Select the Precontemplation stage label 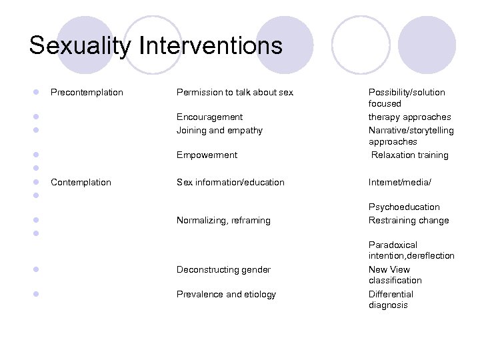click(87, 92)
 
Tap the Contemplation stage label click(81, 182)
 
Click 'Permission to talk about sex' click(235, 92)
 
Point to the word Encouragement click(209, 117)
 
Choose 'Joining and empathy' click(219, 130)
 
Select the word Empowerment click(207, 155)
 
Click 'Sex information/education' click(230, 182)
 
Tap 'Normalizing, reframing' click(223, 220)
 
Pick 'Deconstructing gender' click(223, 269)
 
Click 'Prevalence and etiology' click(226, 294)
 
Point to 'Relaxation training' click(410, 155)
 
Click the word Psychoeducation click(404, 207)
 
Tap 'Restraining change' click(409, 220)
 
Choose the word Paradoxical click(393, 245)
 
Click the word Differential click(391, 294)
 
